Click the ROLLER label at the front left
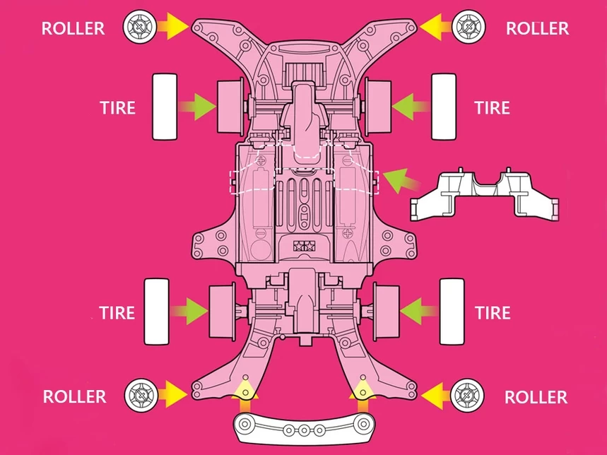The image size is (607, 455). coord(73,28)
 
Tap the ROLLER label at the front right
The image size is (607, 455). coord(537,28)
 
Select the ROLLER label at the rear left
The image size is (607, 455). coord(74,396)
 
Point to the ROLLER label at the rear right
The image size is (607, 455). coord(536,397)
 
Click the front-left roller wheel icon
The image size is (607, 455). coord(140,27)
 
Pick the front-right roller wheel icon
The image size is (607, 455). coord(468,26)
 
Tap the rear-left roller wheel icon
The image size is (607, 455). coord(141,395)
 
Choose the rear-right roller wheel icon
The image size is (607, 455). coord(467,396)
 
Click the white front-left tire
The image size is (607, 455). coord(165,107)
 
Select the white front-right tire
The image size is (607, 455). coord(444,107)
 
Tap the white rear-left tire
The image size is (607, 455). coord(156,312)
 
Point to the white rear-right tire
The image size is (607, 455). coord(452,312)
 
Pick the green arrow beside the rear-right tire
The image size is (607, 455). coord(419,312)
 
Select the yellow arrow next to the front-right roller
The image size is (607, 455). coord(435,27)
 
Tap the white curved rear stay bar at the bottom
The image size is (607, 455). coord(305,428)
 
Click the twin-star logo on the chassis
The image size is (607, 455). coord(305,245)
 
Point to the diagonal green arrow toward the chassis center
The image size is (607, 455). coord(401,181)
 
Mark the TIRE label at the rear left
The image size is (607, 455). coord(117,312)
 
